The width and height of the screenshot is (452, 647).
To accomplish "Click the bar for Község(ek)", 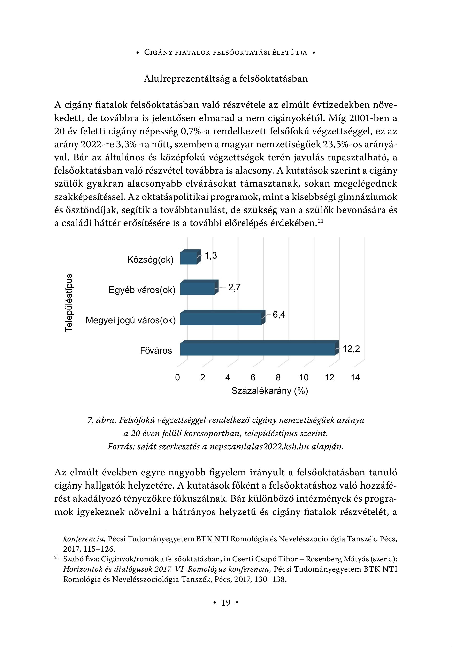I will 189,258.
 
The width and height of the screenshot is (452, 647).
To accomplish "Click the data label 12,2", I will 351,349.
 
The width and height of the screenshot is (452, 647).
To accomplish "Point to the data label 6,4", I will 279,315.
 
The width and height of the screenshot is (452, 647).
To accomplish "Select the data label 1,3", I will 211,256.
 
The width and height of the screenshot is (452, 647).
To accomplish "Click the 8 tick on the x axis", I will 278,378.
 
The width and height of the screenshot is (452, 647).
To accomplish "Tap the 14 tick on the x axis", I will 355,378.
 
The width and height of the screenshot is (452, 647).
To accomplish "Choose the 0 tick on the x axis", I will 177,378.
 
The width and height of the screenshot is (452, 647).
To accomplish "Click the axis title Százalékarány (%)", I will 270,391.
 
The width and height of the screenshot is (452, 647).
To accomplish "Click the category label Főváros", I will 156,351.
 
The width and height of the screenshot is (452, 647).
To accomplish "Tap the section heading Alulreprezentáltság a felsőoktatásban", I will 226,79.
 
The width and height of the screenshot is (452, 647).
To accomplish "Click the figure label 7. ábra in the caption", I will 102,420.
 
